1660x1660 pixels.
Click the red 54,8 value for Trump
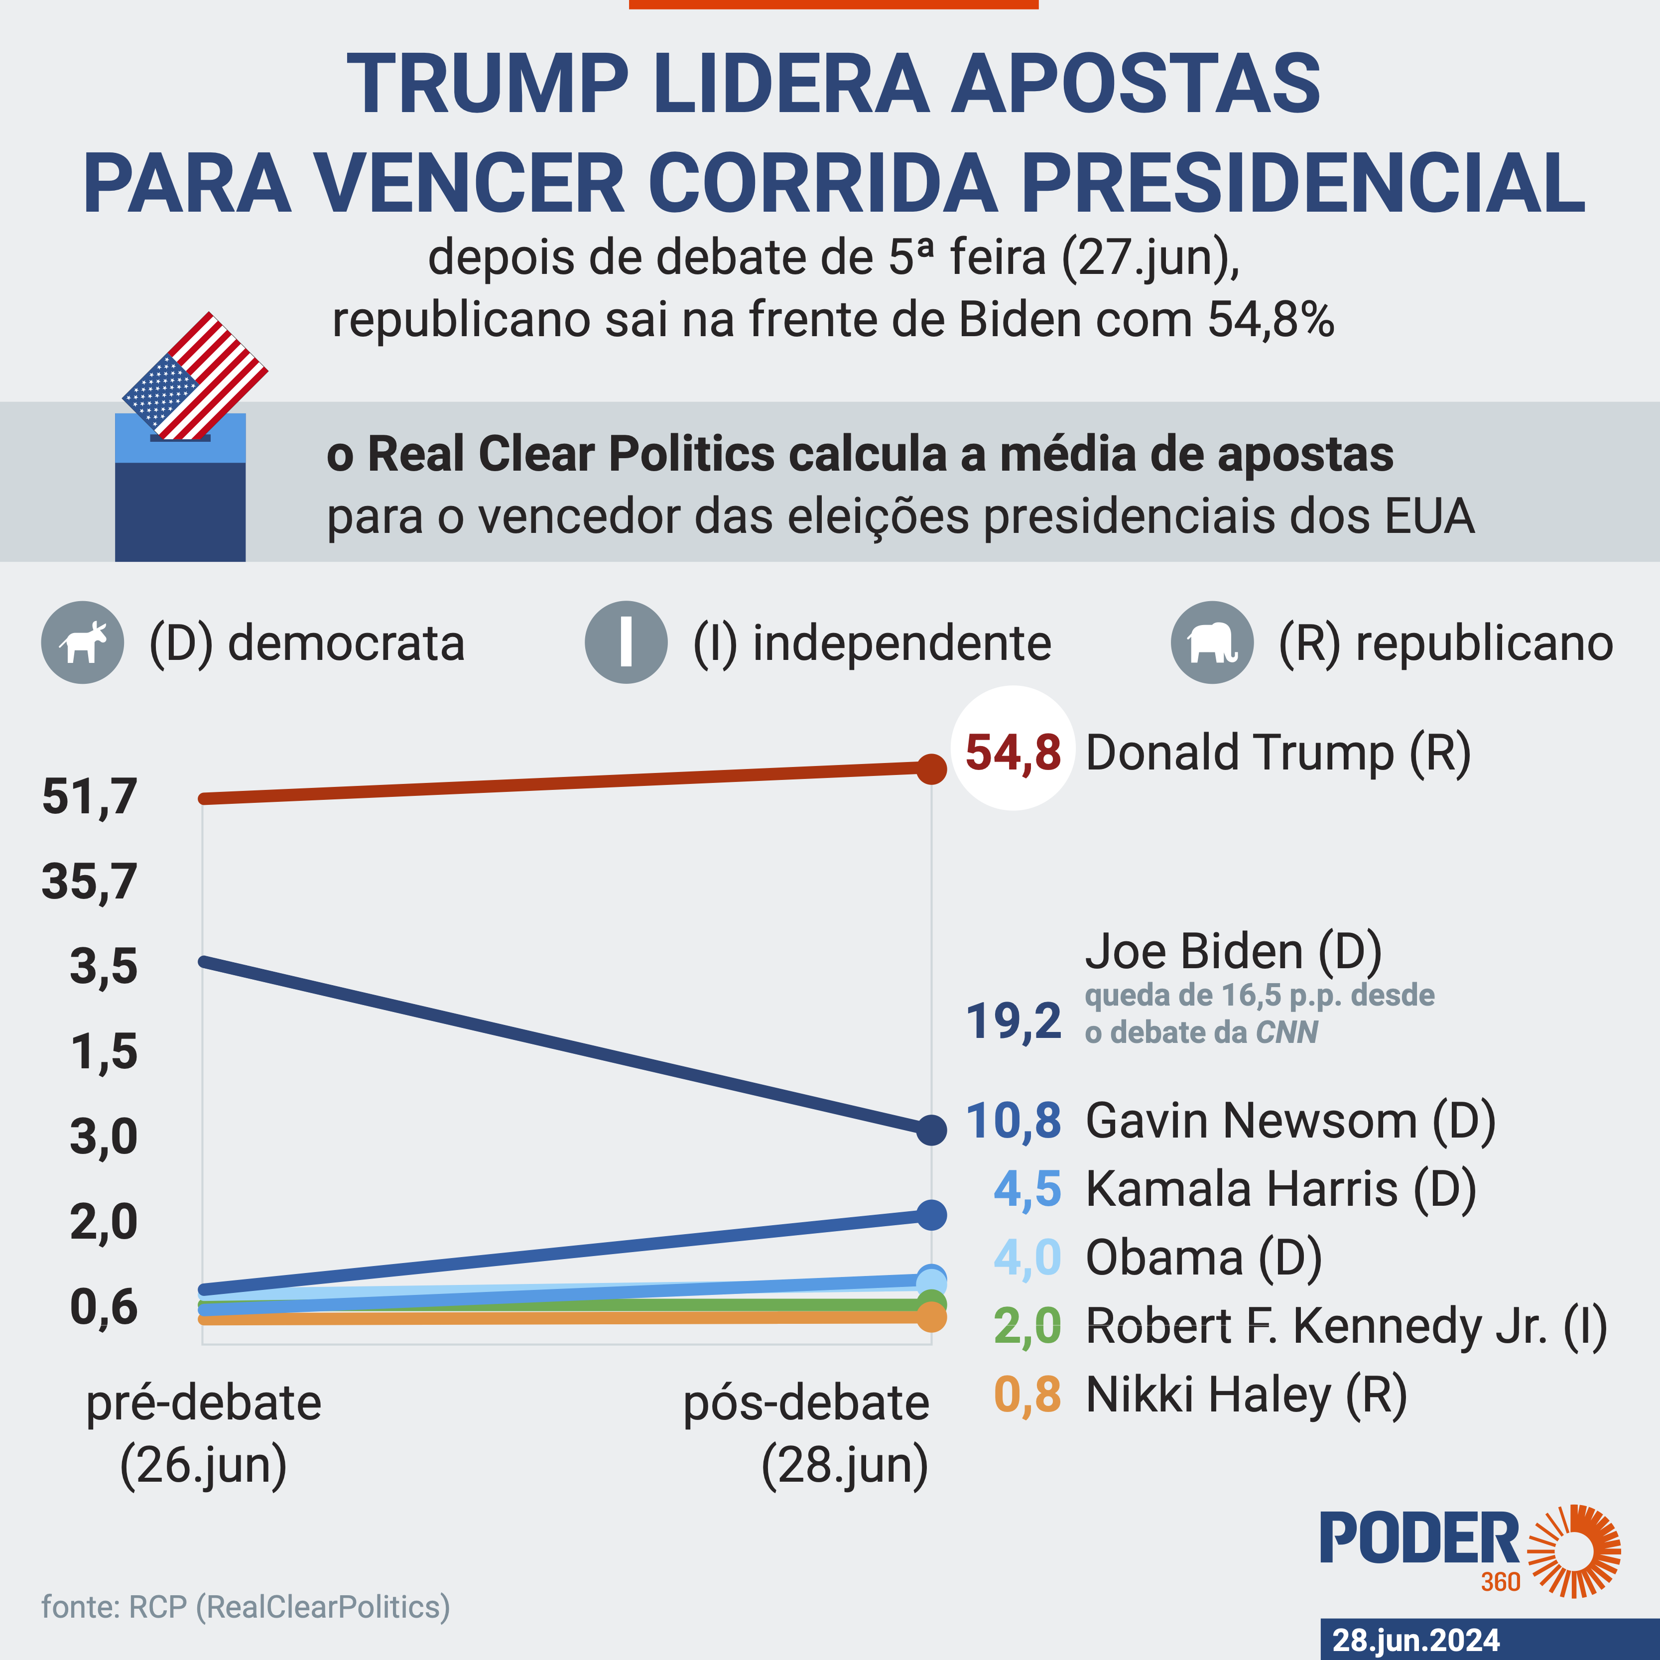click(x=1013, y=752)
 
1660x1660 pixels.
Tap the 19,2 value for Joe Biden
click(x=1013, y=1022)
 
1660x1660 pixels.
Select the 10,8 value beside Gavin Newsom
click(x=1013, y=1121)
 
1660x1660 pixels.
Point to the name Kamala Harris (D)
click(x=1280, y=1190)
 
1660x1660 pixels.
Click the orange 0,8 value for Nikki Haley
click(x=1027, y=1395)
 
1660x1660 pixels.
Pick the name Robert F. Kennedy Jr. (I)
click(x=1346, y=1327)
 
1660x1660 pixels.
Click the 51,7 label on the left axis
click(x=89, y=796)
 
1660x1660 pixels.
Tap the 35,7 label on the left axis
click(x=89, y=882)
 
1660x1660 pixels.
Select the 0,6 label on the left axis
click(x=103, y=1307)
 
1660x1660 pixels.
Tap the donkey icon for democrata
click(x=83, y=642)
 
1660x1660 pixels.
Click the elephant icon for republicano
click(x=1211, y=642)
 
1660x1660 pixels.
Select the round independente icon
click(x=626, y=642)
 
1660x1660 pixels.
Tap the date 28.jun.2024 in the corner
click(x=1416, y=1640)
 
